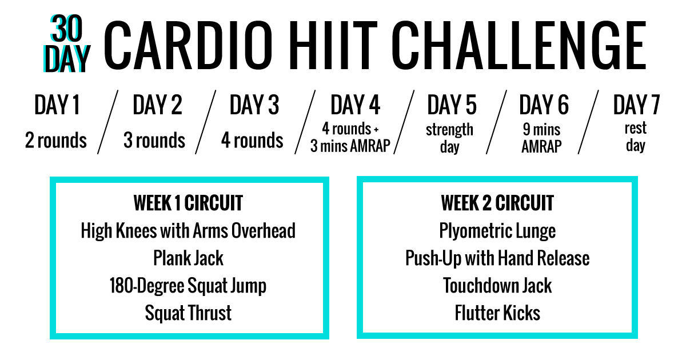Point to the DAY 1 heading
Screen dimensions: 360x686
point(57,105)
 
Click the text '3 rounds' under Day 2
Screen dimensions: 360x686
point(154,140)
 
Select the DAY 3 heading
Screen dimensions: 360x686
point(254,105)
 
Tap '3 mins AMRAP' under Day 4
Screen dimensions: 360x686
point(350,146)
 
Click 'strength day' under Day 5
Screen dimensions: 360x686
point(449,138)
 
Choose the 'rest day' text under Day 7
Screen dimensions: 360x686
point(635,138)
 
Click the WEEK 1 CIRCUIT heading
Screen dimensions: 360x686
point(188,203)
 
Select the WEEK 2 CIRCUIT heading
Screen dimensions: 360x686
point(497,203)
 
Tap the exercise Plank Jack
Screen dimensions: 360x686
point(188,258)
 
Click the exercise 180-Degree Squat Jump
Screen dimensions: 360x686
point(188,285)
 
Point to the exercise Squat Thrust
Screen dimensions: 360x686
point(188,313)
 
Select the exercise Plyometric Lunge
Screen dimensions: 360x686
point(497,231)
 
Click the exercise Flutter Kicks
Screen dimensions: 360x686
point(497,313)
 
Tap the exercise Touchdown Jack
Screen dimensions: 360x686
point(497,285)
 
